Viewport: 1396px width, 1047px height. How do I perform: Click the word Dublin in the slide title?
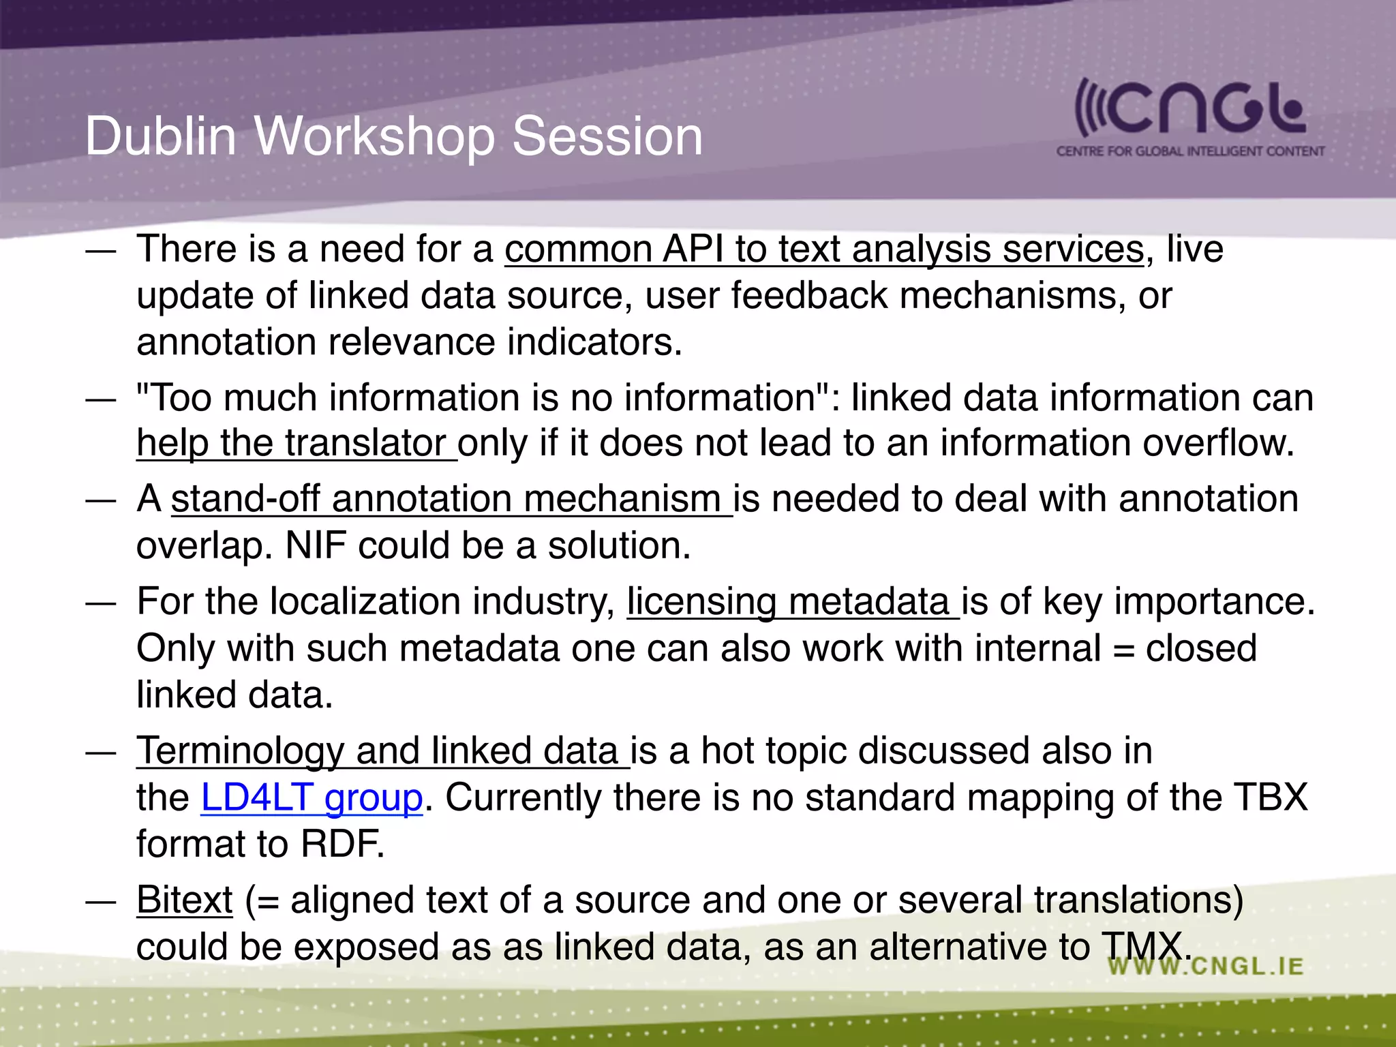pyautogui.click(x=160, y=136)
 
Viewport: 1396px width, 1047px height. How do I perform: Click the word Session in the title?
pyautogui.click(x=607, y=136)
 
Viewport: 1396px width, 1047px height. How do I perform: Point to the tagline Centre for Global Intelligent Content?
pyautogui.click(x=1190, y=151)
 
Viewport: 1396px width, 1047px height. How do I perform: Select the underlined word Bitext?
pyautogui.click(x=184, y=900)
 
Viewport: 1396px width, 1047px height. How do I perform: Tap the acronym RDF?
pyautogui.click(x=342, y=844)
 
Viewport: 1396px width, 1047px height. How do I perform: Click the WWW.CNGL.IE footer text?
pyautogui.click(x=1205, y=966)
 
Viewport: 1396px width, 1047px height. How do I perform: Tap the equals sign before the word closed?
pyautogui.click(x=1123, y=649)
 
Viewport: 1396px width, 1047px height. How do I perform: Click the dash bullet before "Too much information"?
pyautogui.click(x=101, y=399)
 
